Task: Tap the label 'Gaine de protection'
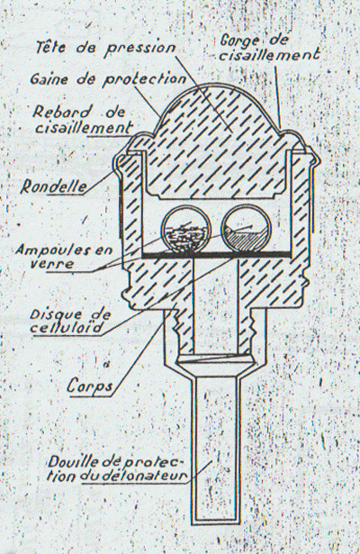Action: pos(108,78)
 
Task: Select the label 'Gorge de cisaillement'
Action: pos(270,48)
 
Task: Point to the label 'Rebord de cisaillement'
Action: pos(83,120)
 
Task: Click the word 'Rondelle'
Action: pos(54,186)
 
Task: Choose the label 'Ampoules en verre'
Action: pos(64,257)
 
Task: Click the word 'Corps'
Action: pos(90,386)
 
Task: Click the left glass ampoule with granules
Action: pos(186,230)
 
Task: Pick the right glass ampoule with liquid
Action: pos(247,229)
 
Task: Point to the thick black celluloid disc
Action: pos(217,255)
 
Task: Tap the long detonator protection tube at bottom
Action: pos(215,449)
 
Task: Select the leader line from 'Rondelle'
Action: pos(101,182)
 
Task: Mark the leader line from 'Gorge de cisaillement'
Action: pos(278,95)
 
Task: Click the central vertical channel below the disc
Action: pos(215,305)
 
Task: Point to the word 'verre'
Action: pos(52,264)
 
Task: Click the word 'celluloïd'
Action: pos(67,328)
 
